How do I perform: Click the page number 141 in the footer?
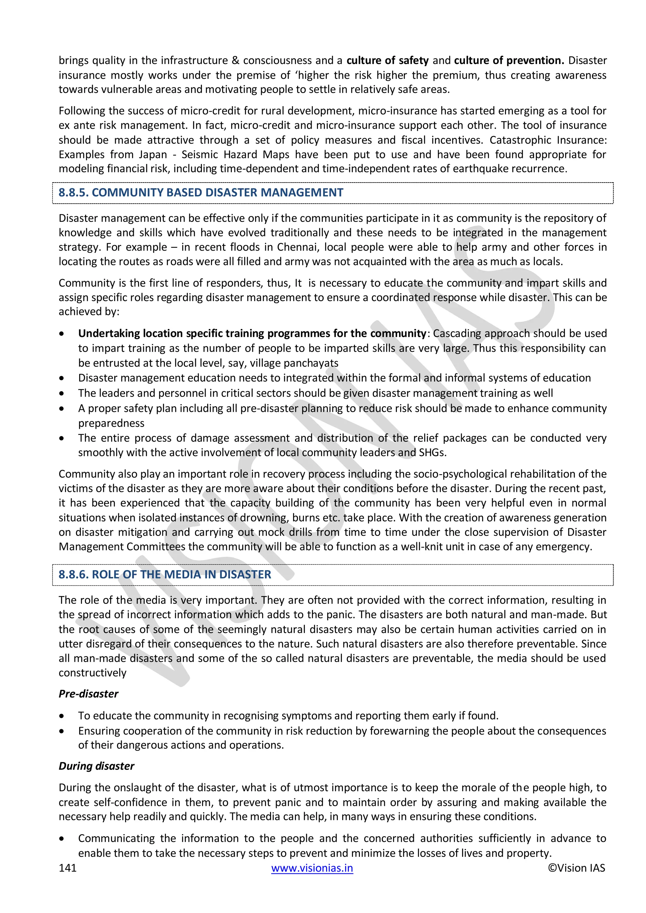coord(68,868)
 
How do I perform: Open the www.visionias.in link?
coord(312,868)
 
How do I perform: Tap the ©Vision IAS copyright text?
coord(576,868)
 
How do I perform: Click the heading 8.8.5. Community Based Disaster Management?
coord(201,192)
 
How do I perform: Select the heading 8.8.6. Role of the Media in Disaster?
coord(165,574)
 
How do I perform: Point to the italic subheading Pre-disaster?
coord(88,694)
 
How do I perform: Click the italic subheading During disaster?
coord(96,766)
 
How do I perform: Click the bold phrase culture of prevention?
coord(509,61)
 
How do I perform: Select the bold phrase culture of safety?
coord(387,61)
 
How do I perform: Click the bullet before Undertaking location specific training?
coord(62,334)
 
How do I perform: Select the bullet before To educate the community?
coord(62,716)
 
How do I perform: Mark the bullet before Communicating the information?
coord(62,839)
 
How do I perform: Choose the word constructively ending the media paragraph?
coord(92,672)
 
